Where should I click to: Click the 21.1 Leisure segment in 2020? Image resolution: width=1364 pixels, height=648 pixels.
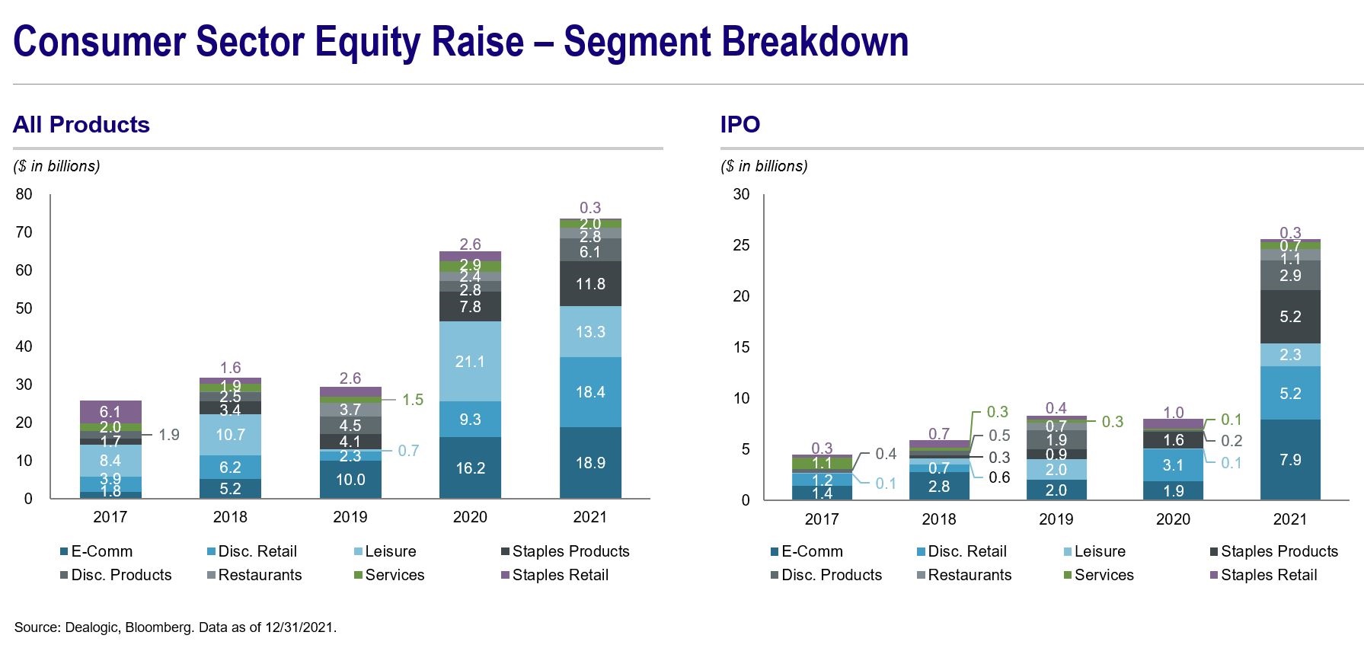[470, 362]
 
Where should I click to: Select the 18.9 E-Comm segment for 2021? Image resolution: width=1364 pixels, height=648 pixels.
[590, 463]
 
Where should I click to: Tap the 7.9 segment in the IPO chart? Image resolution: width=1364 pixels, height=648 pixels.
[1290, 460]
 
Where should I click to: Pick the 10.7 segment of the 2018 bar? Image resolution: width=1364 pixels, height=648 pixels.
[230, 435]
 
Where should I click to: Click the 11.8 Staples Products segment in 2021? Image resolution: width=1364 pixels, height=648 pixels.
[590, 284]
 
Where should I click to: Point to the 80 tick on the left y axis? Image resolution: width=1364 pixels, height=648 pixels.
[24, 194]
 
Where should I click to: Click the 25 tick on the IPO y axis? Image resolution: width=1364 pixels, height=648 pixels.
[741, 245]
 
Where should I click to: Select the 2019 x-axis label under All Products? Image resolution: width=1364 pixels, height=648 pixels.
[350, 517]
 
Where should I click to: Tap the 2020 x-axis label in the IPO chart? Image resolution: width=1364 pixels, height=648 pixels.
[1173, 519]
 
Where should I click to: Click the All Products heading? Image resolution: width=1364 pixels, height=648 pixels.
[81, 125]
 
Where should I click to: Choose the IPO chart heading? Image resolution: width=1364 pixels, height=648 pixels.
[740, 125]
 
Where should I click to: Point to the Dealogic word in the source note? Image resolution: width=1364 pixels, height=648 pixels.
[91, 627]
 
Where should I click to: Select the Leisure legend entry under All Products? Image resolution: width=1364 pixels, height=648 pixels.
[390, 551]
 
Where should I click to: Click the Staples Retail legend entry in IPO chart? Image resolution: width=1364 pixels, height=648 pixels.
[1268, 575]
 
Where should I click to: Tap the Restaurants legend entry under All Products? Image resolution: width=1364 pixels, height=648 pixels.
[259, 575]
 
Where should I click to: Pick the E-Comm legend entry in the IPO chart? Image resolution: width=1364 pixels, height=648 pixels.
[811, 551]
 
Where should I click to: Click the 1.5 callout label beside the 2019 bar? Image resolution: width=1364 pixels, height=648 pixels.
[413, 400]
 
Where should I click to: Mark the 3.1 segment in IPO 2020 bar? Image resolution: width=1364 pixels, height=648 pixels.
[1173, 465]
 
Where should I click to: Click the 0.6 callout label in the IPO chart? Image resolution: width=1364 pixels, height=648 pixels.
[999, 477]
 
